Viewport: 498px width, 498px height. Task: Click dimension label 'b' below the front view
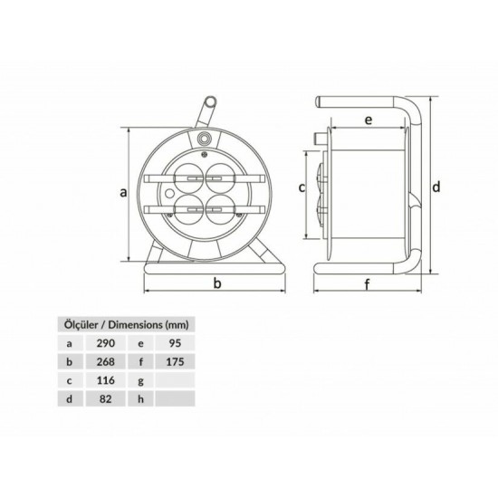(x=217, y=284)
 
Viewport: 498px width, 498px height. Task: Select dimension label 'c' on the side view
(x=302, y=187)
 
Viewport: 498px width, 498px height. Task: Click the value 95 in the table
(x=177, y=343)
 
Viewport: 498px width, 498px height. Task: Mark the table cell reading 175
(x=177, y=362)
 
